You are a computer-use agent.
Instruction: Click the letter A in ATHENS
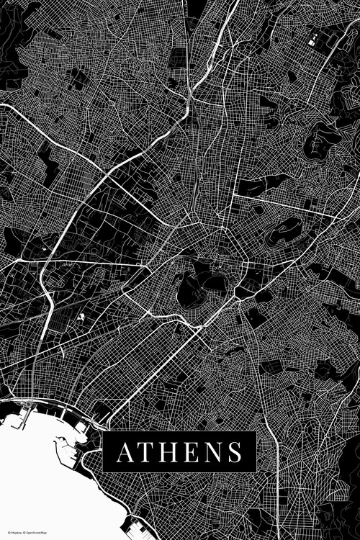(x=125, y=453)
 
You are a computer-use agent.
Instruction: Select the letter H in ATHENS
(x=168, y=453)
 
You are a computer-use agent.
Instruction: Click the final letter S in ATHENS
(x=234, y=453)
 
